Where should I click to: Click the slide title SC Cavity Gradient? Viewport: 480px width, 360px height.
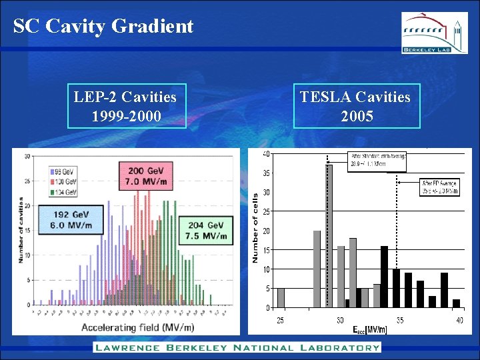(x=103, y=26)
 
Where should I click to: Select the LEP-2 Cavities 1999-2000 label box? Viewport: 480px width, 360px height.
(x=125, y=106)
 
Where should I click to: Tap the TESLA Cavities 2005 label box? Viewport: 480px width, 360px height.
(x=355, y=106)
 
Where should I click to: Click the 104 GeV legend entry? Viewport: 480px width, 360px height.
(x=63, y=193)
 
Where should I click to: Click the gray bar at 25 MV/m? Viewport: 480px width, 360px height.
(x=281, y=298)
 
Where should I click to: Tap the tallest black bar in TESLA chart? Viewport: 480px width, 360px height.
(x=384, y=277)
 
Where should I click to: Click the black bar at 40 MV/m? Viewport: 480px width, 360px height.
(x=457, y=303)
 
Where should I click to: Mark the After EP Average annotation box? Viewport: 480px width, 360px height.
(x=439, y=187)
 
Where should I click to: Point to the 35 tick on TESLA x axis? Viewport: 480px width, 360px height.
(x=399, y=320)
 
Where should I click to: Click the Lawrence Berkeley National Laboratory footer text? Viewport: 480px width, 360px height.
(x=237, y=347)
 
